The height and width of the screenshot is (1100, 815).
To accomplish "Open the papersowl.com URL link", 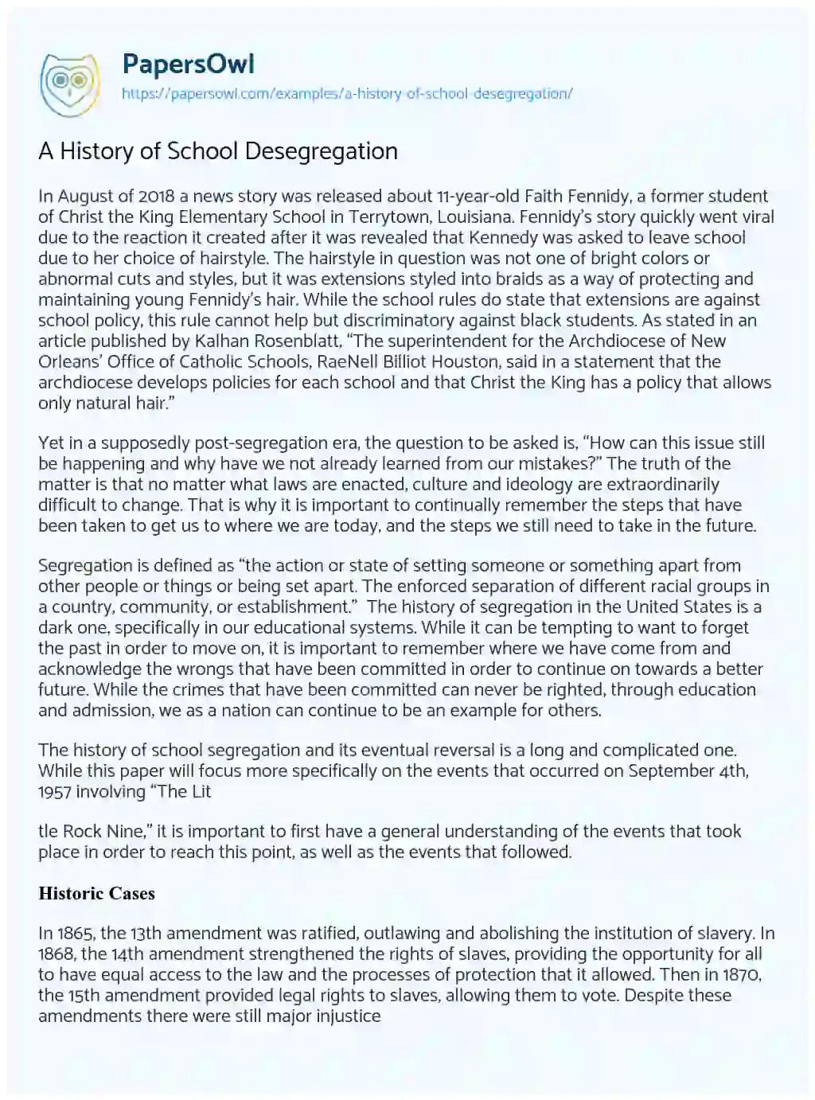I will click(x=347, y=93).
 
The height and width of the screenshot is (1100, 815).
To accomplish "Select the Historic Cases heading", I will click(x=96, y=893).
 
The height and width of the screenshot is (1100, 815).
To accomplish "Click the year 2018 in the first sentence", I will click(x=140, y=196).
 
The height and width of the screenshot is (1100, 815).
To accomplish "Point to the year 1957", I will click(x=57, y=791).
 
